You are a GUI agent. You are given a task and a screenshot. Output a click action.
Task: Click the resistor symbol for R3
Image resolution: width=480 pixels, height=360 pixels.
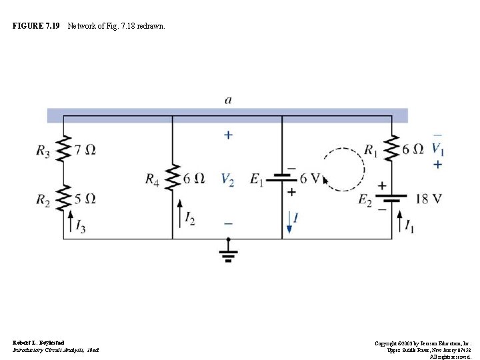pos(63,150)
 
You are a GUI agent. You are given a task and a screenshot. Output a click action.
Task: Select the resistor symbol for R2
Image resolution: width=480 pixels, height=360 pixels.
pos(63,198)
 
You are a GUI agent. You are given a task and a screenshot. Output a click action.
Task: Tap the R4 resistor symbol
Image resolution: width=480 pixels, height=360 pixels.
pos(173,178)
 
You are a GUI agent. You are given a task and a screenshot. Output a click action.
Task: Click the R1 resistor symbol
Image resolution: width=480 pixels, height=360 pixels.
pos(391,150)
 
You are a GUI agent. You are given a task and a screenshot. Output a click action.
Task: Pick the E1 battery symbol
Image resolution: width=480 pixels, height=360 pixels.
pos(283,178)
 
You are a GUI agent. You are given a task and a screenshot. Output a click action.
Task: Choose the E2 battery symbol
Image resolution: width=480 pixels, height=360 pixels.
pos(391,198)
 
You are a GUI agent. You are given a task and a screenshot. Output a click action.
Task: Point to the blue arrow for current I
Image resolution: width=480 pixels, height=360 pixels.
pos(289,221)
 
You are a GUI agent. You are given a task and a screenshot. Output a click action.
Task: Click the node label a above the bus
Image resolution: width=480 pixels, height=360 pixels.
pos(228,101)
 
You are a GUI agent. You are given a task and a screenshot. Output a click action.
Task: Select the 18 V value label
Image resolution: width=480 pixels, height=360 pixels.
pos(428,198)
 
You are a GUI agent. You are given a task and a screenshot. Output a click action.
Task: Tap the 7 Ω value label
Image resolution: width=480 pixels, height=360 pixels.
pos(85,150)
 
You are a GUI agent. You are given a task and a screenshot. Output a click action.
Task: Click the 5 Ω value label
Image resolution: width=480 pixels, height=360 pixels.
pos(85,198)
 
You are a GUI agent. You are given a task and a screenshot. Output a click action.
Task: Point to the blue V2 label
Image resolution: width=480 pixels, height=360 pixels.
pos(227,179)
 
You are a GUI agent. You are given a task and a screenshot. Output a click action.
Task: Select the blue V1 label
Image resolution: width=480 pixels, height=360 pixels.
pos(437,148)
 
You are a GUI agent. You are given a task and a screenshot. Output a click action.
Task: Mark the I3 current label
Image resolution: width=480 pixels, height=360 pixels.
pos(80,228)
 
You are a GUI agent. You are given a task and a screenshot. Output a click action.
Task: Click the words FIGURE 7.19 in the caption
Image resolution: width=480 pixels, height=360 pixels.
pos(36,26)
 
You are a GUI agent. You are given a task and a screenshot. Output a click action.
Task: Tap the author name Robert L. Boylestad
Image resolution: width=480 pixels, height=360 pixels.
pos(39,342)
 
